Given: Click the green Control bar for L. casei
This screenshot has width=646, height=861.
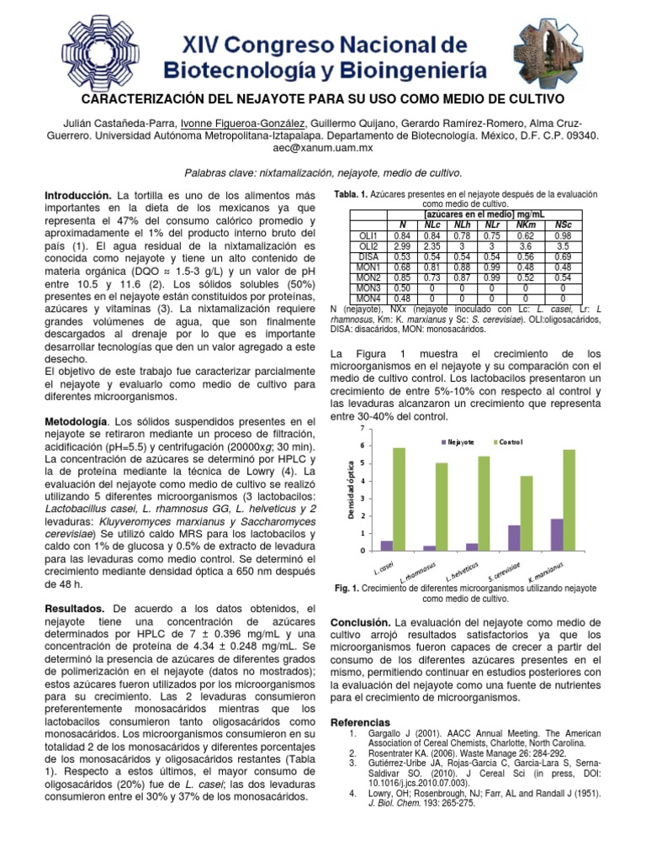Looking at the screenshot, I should pos(399,499).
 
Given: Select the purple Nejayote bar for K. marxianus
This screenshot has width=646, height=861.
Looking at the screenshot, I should pos(557,535).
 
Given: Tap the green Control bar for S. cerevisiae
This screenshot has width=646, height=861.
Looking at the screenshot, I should pos(527,513).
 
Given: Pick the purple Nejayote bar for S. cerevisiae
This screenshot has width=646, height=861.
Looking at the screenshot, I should pos(515,538).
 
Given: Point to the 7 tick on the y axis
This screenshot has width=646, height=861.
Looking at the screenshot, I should pos(362,429).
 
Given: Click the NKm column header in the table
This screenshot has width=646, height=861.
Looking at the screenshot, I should pos(526,225).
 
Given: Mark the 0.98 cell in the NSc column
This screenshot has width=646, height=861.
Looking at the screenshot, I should pos(563,235).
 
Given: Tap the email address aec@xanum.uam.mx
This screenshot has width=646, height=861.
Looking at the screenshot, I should pos(323,146).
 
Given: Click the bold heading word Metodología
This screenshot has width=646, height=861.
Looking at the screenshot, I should pos(76,420).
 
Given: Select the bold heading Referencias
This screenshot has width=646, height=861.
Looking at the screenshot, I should pos(362,722).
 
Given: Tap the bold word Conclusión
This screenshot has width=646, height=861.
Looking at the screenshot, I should pos(365,621).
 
